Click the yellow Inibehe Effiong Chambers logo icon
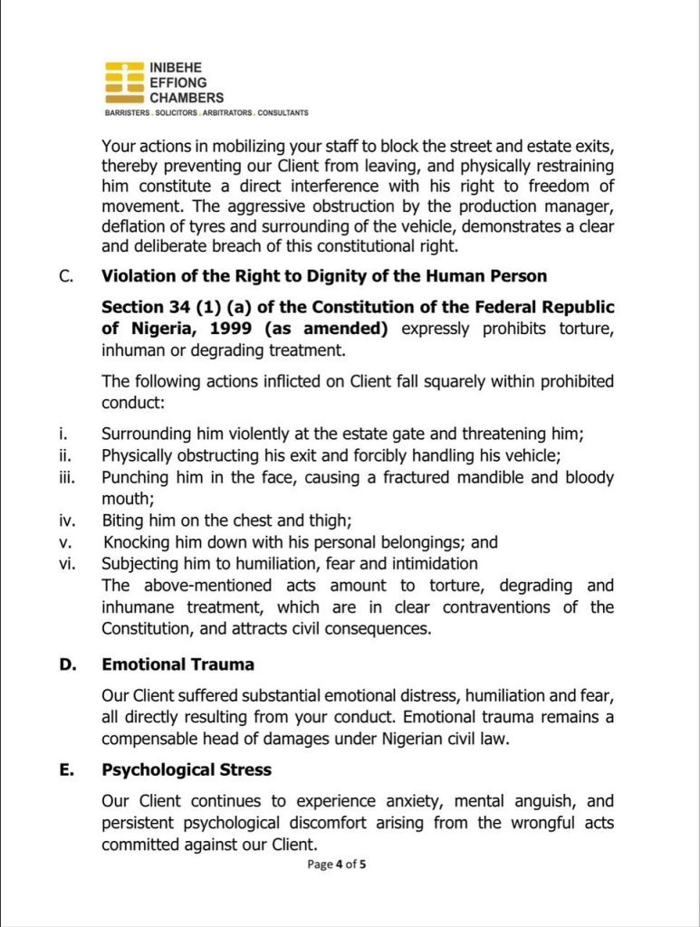(x=124, y=83)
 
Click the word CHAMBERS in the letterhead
(x=187, y=98)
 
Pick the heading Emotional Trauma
(x=177, y=664)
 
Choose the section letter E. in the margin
(x=66, y=770)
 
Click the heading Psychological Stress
(x=186, y=770)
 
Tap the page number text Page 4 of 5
(x=337, y=865)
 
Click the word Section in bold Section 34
(x=132, y=307)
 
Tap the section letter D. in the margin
(x=67, y=664)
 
